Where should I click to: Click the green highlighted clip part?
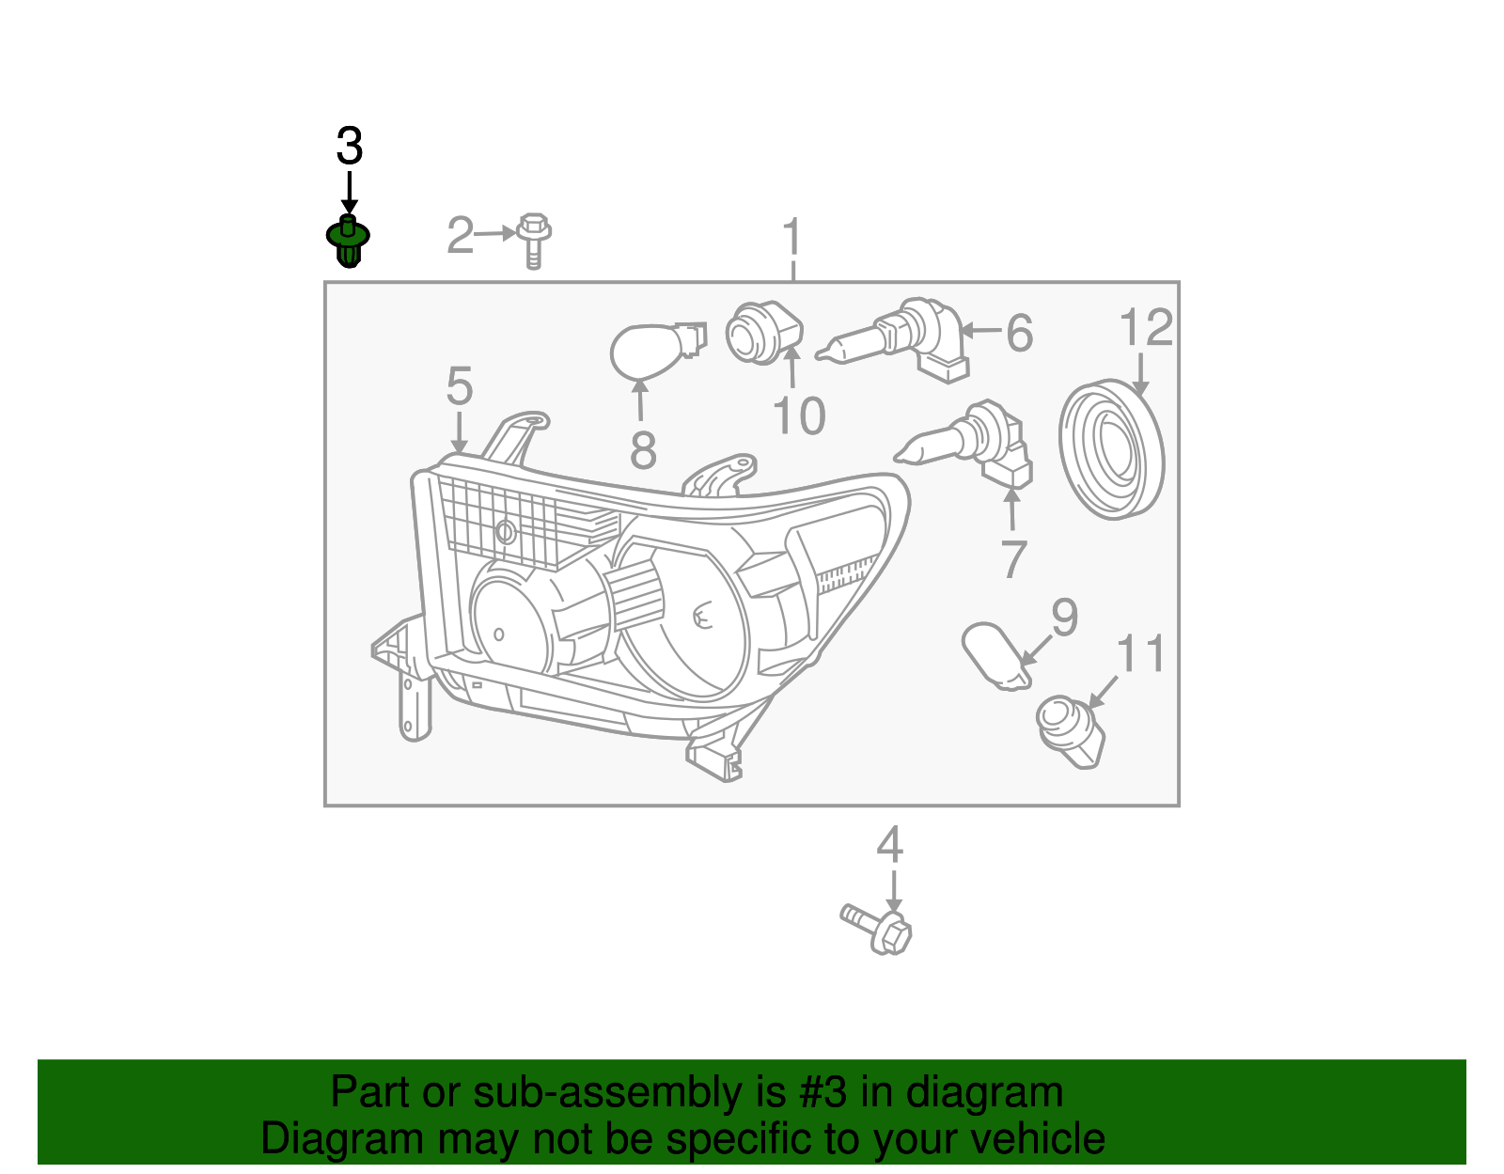(x=348, y=241)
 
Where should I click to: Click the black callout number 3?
(x=349, y=148)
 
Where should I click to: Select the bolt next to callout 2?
(x=533, y=239)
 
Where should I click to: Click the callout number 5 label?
(x=459, y=386)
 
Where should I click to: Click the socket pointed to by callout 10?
(x=762, y=332)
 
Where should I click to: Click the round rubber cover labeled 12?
(x=1111, y=448)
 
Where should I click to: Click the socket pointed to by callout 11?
(x=1071, y=730)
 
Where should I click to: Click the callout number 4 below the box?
(x=889, y=845)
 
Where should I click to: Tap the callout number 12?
(x=1146, y=328)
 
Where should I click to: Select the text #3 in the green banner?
(x=822, y=1093)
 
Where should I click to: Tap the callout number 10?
(x=799, y=416)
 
